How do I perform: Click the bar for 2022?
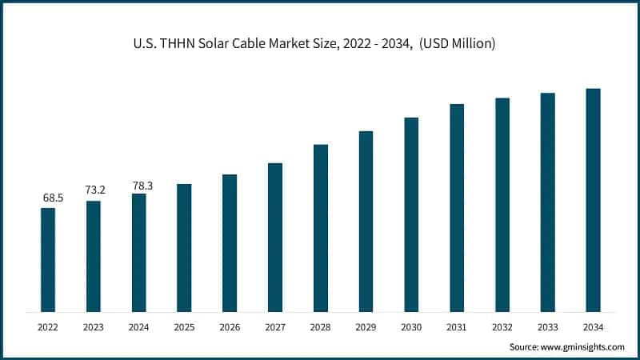click(x=48, y=260)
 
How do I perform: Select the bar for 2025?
click(x=184, y=248)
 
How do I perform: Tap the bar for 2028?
click(x=321, y=228)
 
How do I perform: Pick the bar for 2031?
click(x=457, y=208)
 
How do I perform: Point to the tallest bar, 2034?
click(x=593, y=200)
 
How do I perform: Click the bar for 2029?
click(x=366, y=222)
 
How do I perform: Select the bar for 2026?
click(x=230, y=243)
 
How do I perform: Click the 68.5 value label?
click(x=48, y=197)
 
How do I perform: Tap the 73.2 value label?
click(x=94, y=190)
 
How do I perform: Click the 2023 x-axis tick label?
click(x=94, y=327)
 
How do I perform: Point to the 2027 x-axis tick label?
click(x=275, y=327)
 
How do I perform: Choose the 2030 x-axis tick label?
click(x=411, y=327)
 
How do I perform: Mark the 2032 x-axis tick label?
click(x=502, y=327)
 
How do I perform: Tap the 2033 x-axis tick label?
click(x=547, y=327)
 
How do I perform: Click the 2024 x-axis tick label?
click(x=139, y=327)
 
